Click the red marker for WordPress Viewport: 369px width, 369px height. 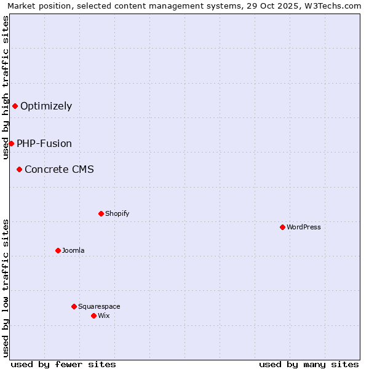pos(282,227)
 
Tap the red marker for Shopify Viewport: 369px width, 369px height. pos(101,213)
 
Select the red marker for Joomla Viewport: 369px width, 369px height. pos(58,250)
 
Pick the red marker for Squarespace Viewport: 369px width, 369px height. pos(74,306)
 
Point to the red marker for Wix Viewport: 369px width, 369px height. pos(93,315)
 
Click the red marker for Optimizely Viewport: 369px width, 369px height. pos(15,106)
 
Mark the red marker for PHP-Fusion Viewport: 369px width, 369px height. pos(11,143)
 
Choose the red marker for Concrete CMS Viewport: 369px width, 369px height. pos(19,169)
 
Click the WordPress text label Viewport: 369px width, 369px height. pos(304,227)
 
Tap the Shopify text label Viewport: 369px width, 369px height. pos(117,213)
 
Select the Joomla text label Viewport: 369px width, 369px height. pos(73,250)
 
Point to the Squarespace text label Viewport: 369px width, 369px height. pos(99,306)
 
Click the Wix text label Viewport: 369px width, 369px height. pos(103,315)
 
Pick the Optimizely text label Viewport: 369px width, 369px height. pos(46,106)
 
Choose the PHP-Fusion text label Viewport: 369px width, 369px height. pos(44,143)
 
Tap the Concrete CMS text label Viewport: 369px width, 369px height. pos(59,169)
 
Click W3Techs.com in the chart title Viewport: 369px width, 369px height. pos(334,6)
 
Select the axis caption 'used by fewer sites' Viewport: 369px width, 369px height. pos(63,364)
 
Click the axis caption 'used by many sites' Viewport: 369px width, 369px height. pos(309,364)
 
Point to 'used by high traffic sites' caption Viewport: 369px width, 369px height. pos(6,87)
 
